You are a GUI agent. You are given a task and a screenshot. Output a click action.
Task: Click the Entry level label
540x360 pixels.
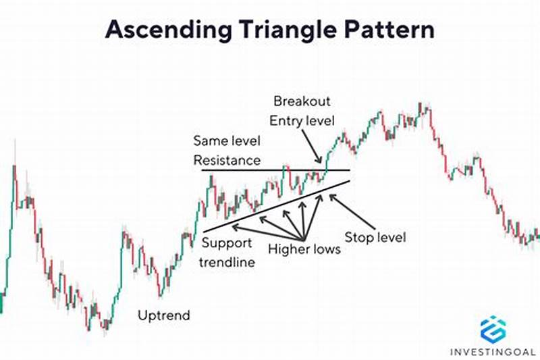click(x=303, y=121)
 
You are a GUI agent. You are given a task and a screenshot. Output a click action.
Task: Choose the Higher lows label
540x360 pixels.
click(x=304, y=249)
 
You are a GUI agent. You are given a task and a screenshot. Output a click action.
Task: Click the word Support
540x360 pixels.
click(x=227, y=243)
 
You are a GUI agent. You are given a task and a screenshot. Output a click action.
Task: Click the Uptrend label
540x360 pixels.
click(x=164, y=315)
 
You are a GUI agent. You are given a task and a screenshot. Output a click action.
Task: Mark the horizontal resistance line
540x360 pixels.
click(x=270, y=170)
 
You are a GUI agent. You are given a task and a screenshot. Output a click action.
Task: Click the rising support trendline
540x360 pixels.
click(x=270, y=207)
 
